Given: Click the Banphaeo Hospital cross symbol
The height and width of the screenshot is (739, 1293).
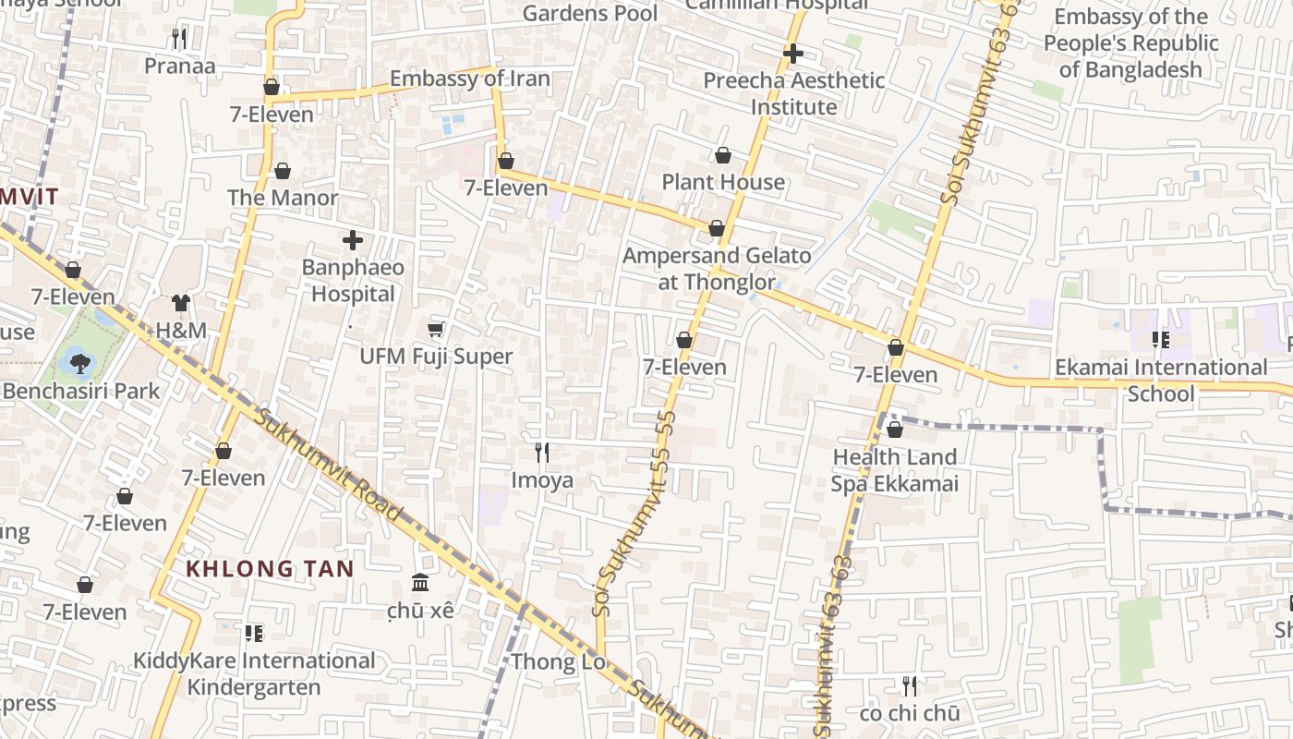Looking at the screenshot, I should pyautogui.click(x=352, y=240).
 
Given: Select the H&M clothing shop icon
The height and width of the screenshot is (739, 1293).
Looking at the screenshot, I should pyautogui.click(x=180, y=303).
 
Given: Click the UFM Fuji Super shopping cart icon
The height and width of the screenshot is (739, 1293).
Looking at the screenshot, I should pyautogui.click(x=436, y=330).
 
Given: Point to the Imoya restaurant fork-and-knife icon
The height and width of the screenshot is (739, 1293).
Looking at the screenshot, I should pyautogui.click(x=542, y=452).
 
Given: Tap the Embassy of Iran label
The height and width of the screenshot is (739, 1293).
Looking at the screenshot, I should pyautogui.click(x=469, y=79).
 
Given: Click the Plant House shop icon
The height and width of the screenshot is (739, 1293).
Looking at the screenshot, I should pyautogui.click(x=722, y=155).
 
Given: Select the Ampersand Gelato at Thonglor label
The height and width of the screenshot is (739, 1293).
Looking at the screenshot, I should pyautogui.click(x=717, y=268).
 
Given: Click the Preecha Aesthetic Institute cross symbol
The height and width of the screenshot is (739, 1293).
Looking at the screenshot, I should pyautogui.click(x=792, y=54).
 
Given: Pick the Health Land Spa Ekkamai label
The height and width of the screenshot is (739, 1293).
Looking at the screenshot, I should pyautogui.click(x=895, y=470).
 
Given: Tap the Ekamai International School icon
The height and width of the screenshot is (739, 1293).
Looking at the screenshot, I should pyautogui.click(x=1161, y=340).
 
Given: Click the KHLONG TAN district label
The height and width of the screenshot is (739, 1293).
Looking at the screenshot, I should pyautogui.click(x=271, y=568).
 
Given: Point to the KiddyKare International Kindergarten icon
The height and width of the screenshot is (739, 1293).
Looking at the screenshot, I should pyautogui.click(x=254, y=634).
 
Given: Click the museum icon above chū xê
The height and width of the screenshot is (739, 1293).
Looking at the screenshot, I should pyautogui.click(x=420, y=582).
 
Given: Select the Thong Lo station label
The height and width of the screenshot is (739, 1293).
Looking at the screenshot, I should pyautogui.click(x=558, y=661).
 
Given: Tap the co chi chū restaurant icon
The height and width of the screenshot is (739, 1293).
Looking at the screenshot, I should pyautogui.click(x=910, y=685).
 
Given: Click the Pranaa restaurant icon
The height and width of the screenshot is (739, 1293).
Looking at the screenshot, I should pyautogui.click(x=179, y=39).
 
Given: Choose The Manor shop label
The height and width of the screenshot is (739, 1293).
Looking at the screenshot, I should pyautogui.click(x=283, y=198).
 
